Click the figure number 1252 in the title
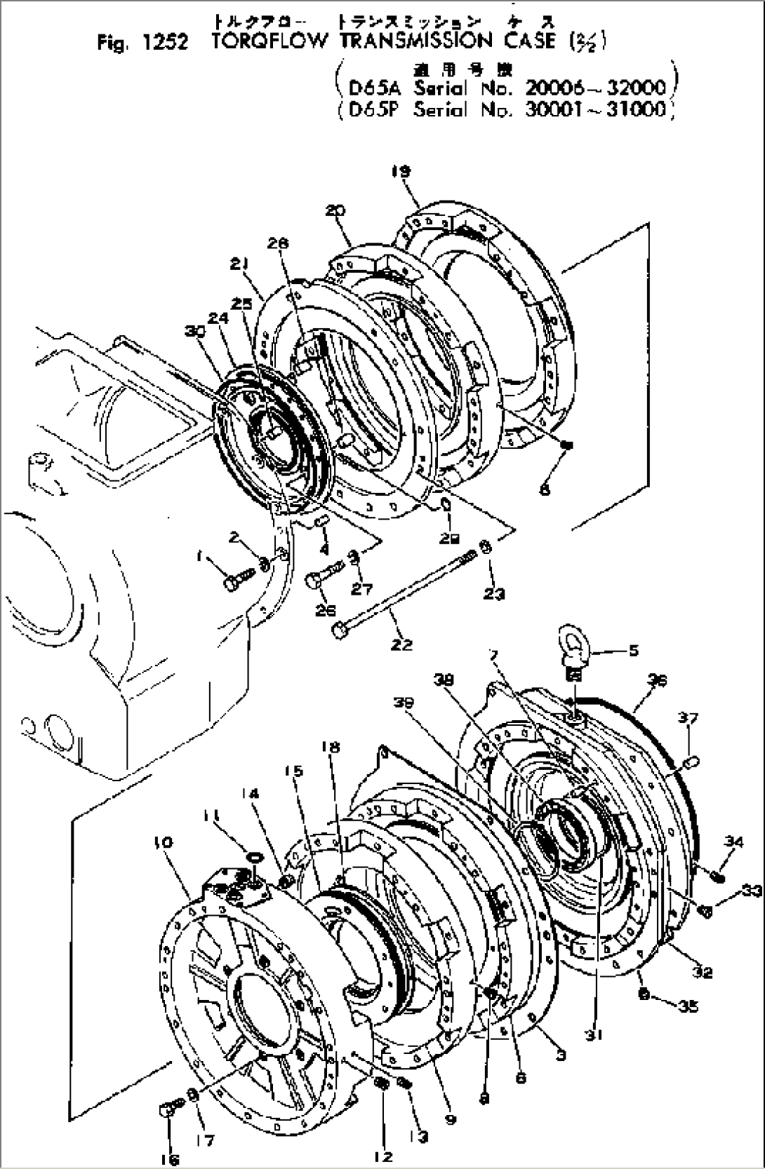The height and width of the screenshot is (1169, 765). coord(164,43)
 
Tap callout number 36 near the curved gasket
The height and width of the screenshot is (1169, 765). coord(658,680)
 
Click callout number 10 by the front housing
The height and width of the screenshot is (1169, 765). coord(162,842)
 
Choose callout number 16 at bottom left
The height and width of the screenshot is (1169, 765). coord(168,1158)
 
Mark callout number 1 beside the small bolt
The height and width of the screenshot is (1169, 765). coord(200,556)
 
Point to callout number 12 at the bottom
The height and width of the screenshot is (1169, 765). coord(383,1156)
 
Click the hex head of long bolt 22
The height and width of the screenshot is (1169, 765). coord(340,630)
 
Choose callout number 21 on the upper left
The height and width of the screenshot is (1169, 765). coord(241,264)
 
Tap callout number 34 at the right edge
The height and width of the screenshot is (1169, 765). coord(734,842)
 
